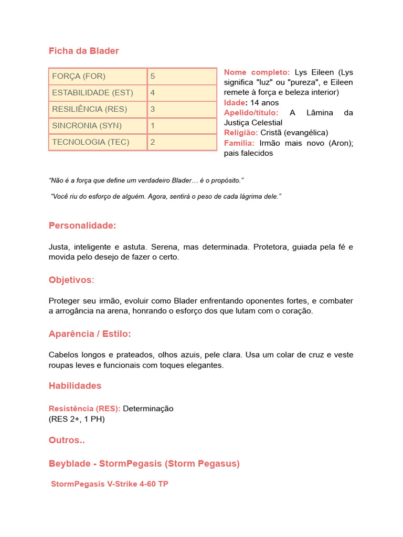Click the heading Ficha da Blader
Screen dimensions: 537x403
83,51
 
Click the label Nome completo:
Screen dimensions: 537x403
257,72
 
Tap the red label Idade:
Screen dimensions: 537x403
235,103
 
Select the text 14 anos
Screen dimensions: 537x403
264,103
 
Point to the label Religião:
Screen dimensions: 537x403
241,133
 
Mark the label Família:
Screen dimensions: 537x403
239,143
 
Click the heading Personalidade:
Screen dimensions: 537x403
82,225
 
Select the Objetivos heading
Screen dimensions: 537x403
70,280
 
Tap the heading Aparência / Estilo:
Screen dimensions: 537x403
90,334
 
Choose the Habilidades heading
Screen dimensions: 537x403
75,386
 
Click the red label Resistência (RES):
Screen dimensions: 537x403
84,409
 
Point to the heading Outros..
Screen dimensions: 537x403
67,441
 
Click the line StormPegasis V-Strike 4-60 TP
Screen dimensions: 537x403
109,484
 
